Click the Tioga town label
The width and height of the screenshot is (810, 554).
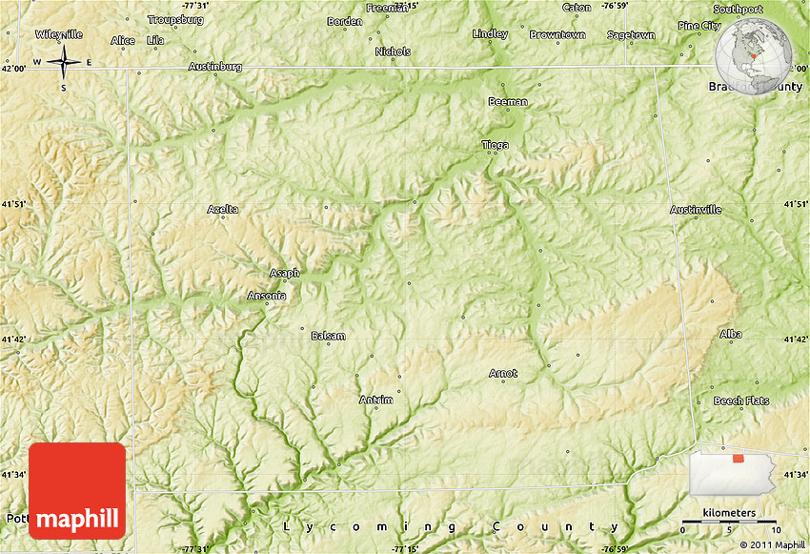[495, 145]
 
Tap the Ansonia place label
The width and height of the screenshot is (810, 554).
[266, 296]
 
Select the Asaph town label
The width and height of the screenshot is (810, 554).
[283, 273]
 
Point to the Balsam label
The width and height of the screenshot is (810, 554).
[328, 336]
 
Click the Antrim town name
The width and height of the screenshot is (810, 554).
[375, 400]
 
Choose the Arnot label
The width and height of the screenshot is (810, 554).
[503, 373]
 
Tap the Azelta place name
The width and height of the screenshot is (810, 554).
[223, 209]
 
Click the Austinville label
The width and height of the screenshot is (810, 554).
[696, 209]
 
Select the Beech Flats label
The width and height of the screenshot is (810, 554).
[741, 400]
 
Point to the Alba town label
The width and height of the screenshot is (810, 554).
[731, 334]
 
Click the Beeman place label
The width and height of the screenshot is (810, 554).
[507, 101]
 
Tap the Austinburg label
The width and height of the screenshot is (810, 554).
[215, 67]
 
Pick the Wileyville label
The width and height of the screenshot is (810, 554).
[59, 33]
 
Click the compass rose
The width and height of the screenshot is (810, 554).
[64, 64]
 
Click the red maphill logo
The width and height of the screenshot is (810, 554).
[77, 490]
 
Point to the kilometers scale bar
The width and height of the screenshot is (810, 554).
[730, 523]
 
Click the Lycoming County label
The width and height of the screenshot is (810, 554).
[451, 526]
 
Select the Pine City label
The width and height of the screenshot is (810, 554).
[699, 26]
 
